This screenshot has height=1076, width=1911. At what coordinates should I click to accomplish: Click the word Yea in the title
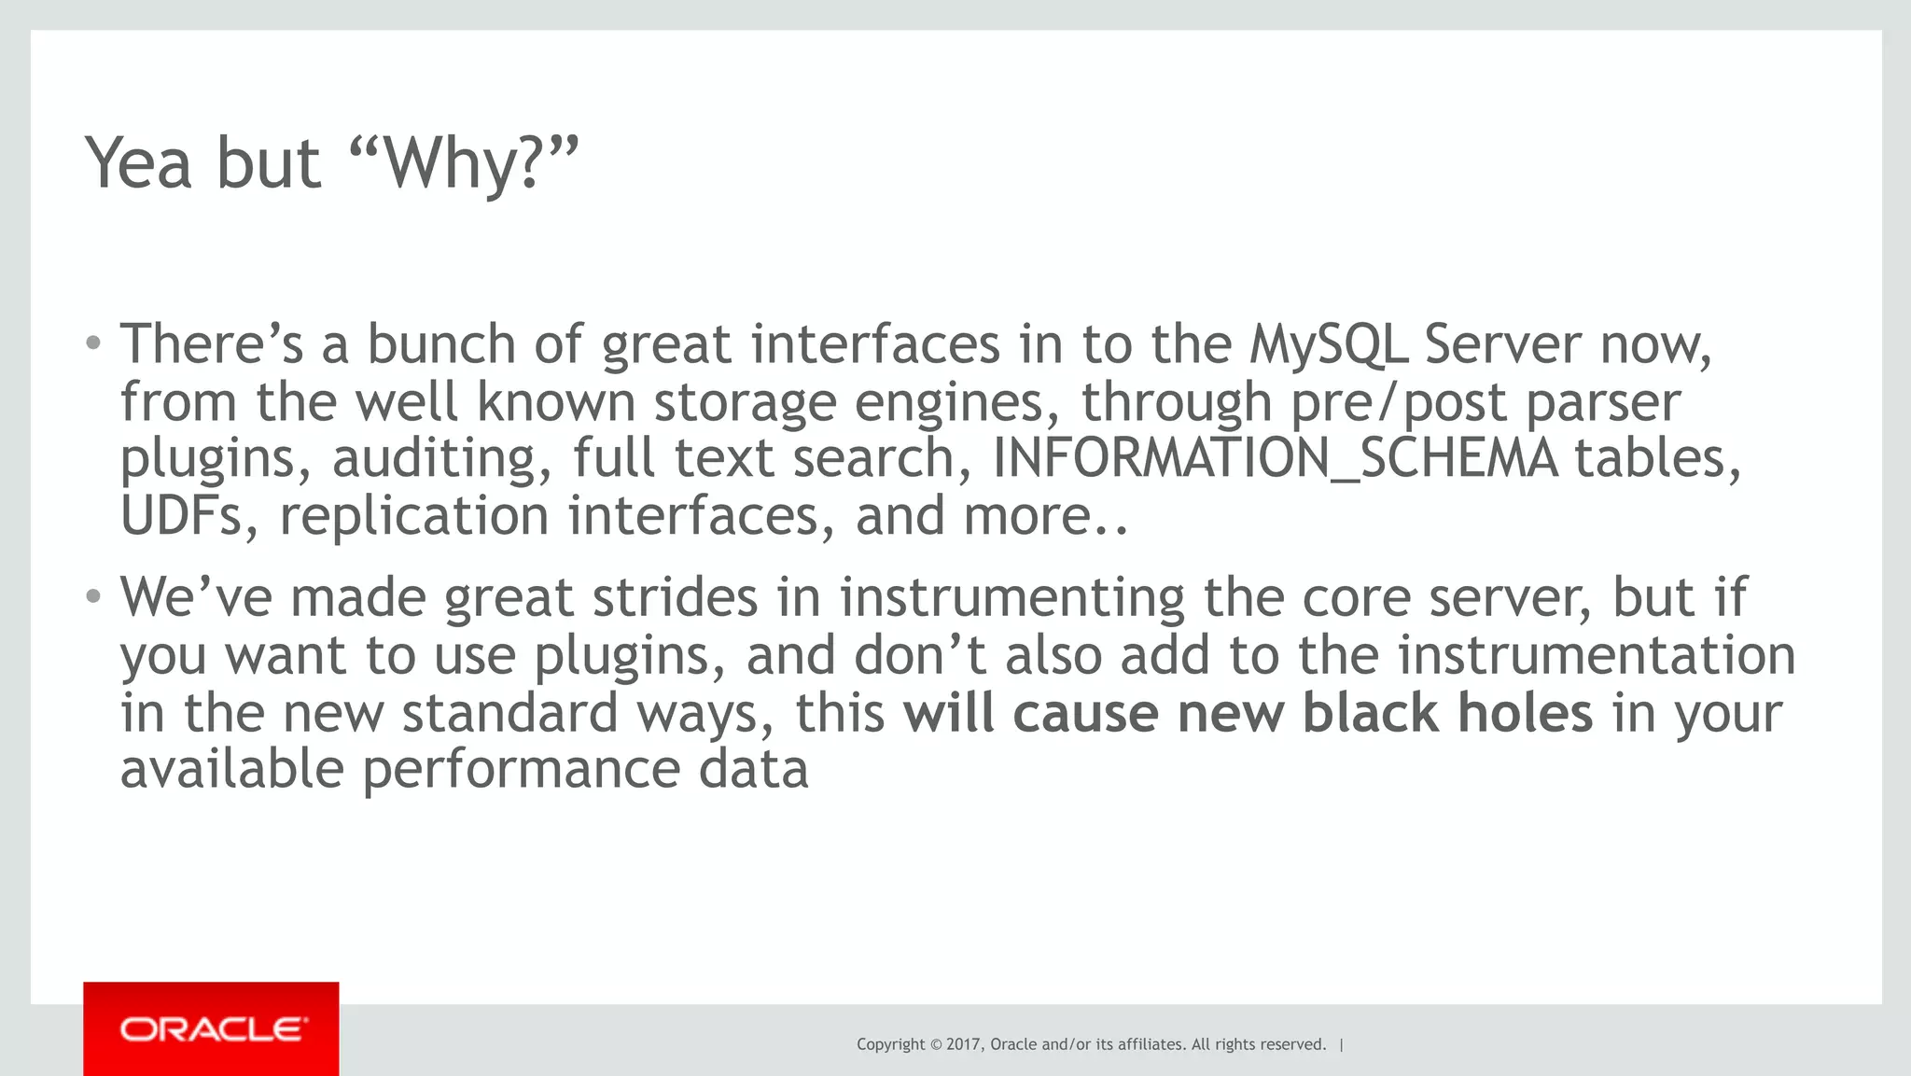[138, 163]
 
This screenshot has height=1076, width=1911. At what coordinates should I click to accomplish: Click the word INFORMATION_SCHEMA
[1275, 458]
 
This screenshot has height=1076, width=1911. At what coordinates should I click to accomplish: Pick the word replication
[414, 516]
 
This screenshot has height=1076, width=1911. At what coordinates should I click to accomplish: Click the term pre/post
[1399, 402]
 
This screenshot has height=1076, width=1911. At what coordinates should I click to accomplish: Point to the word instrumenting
[1011, 597]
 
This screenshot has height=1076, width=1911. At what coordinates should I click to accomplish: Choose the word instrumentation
[1597, 655]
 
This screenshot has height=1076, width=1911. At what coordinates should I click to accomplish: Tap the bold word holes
[1525, 713]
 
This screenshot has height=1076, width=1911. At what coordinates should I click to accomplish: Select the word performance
[521, 770]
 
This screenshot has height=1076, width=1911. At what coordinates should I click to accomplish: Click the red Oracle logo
[211, 1029]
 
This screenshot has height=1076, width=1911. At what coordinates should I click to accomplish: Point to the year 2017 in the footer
[963, 1044]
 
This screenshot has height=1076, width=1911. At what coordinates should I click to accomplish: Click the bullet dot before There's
[92, 343]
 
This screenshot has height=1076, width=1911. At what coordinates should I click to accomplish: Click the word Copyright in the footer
[891, 1044]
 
